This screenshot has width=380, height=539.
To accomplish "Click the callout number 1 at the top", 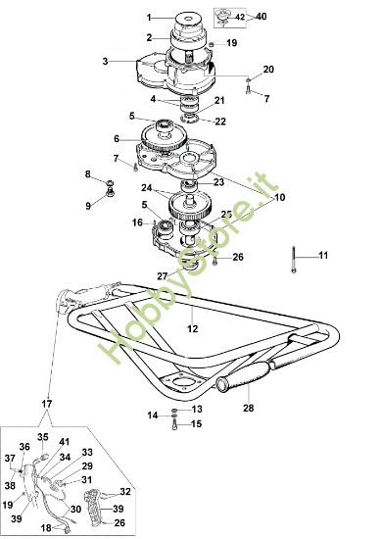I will tap(150, 18).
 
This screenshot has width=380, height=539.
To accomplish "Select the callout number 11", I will tap(324, 257).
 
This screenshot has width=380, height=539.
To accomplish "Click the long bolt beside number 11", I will tap(293, 257).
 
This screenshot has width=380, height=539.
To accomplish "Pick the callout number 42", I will tap(241, 17).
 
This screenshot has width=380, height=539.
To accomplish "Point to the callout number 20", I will tap(269, 69).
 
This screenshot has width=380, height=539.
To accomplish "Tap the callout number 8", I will tap(86, 174).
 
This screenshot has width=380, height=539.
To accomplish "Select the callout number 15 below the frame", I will tap(197, 423).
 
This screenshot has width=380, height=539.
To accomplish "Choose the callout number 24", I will tap(146, 187).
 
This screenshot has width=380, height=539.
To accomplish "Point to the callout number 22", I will tap(220, 122).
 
